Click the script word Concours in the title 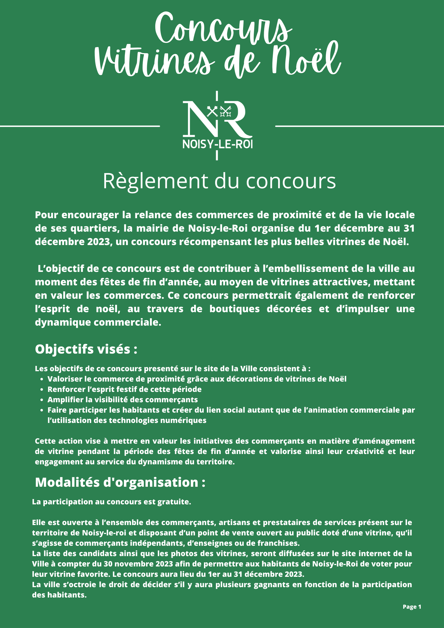[x=223, y=29]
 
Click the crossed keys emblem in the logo [x=218, y=111]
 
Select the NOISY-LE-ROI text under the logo [x=217, y=144]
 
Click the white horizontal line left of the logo [x=80, y=126]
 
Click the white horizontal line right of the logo [x=360, y=126]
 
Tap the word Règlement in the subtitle [x=156, y=181]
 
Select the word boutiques [x=234, y=309]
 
